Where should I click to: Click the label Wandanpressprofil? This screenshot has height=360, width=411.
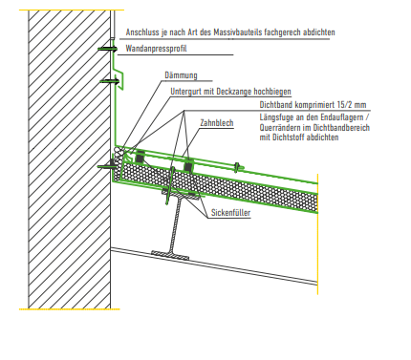(158, 47)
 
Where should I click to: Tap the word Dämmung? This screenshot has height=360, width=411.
(181, 74)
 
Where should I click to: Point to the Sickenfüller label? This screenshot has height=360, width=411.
(230, 214)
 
